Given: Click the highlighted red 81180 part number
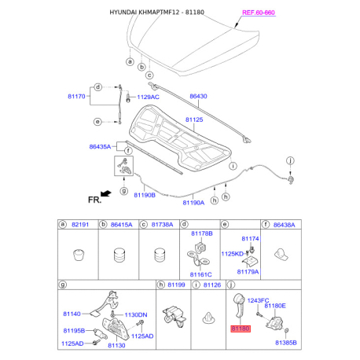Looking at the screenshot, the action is point(241,329).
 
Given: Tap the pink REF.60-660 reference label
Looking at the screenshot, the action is point(259,13).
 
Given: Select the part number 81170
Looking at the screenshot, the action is point(76,97).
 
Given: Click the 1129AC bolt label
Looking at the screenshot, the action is point(148,97).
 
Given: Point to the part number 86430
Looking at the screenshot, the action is point(198,96).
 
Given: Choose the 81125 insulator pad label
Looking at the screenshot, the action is point(194,119).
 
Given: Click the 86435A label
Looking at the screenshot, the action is point(100,147).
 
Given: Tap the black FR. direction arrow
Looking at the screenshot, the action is point(106,193).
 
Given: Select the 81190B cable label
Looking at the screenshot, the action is point(145,195).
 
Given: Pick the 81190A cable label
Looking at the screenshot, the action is point(193,203).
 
